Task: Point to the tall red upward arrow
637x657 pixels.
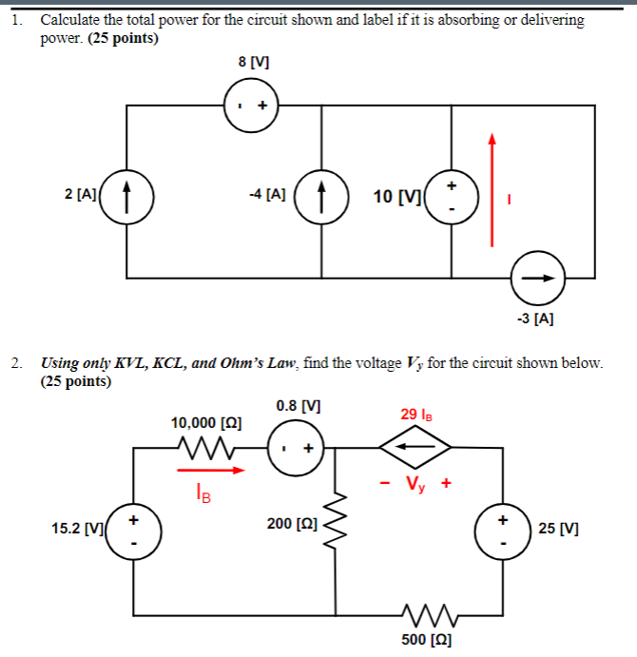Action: (492, 190)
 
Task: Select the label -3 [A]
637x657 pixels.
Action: (536, 319)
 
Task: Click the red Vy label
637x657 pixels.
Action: (415, 482)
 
